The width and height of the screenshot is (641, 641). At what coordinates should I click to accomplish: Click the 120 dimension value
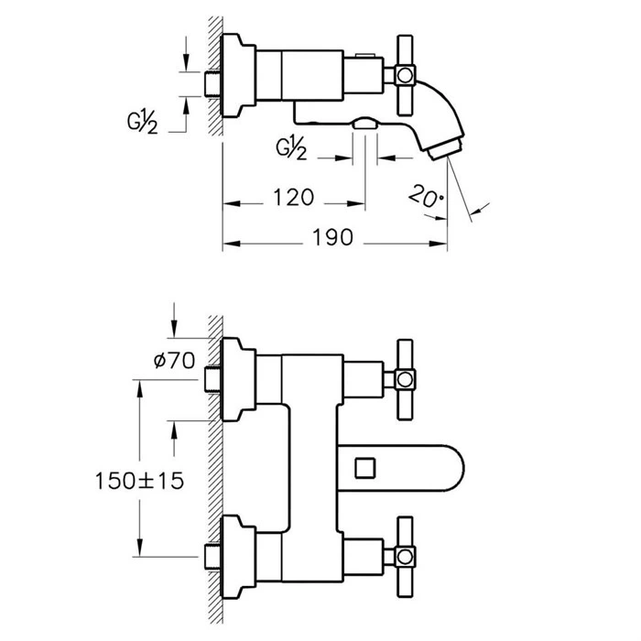pyautogui.click(x=294, y=197)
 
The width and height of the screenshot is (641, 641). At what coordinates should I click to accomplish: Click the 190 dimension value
pyautogui.click(x=332, y=237)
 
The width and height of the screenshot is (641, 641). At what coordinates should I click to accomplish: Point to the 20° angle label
pyautogui.click(x=426, y=196)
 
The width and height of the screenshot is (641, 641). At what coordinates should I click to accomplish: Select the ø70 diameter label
pyautogui.click(x=175, y=361)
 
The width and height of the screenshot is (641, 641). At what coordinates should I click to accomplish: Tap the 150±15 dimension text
pyautogui.click(x=139, y=481)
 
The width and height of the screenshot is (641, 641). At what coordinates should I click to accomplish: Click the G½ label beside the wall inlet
pyautogui.click(x=142, y=122)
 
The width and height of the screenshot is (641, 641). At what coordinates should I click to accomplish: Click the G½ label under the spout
pyautogui.click(x=291, y=148)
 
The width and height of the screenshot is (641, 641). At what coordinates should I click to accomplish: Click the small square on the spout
pyautogui.click(x=365, y=468)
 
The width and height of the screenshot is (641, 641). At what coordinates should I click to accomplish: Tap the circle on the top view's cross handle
pyautogui.click(x=405, y=75)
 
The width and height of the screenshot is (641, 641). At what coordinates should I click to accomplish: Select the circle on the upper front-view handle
pyautogui.click(x=405, y=379)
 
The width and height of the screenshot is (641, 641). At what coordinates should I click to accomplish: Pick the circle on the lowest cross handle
pyautogui.click(x=405, y=557)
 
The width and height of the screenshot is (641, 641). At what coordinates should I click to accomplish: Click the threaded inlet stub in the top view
pyautogui.click(x=212, y=84)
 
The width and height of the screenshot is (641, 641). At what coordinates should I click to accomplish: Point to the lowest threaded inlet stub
pyautogui.click(x=212, y=557)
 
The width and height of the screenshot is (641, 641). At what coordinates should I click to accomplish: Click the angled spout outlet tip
pyautogui.click(x=445, y=148)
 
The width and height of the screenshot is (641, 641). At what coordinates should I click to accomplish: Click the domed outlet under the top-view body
pyautogui.click(x=364, y=124)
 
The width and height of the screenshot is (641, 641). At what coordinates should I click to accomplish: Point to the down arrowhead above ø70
pyautogui.click(x=174, y=328)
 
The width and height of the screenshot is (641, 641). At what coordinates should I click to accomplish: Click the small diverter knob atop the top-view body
pyautogui.click(x=366, y=55)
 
